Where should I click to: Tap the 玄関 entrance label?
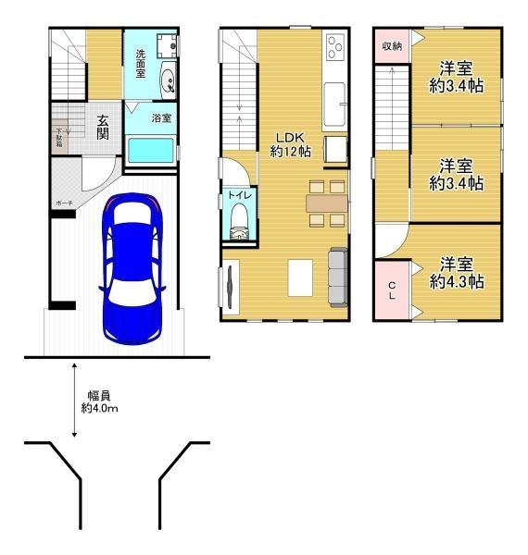102,126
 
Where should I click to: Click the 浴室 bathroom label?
161,117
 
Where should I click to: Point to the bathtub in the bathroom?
151,151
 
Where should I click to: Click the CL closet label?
392,291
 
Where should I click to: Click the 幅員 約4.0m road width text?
98,401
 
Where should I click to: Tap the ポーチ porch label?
64,201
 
